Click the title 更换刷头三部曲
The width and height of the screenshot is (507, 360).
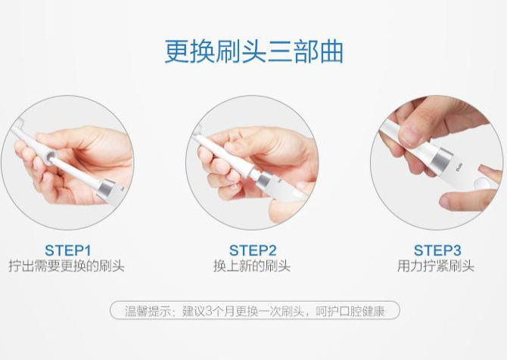[253, 51]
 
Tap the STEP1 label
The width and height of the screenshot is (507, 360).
[67, 250]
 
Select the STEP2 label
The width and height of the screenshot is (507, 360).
[252, 250]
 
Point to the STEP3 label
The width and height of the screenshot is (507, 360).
[437, 250]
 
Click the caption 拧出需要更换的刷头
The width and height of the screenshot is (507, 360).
[67, 266]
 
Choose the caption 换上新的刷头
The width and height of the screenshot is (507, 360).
[252, 266]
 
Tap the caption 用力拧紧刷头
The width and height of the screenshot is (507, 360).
[437, 266]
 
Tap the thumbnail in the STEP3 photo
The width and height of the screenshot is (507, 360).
[409, 136]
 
